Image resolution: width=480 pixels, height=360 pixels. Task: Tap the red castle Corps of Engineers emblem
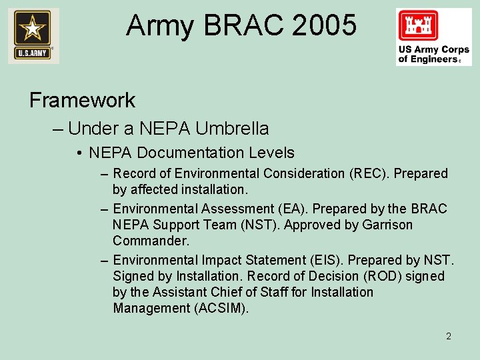point(418,27)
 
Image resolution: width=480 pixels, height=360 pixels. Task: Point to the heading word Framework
point(82,100)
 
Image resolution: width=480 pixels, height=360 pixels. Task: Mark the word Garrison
point(387,225)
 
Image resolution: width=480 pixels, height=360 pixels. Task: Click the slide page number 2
point(449,336)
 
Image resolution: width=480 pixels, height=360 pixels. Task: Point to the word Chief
point(225,292)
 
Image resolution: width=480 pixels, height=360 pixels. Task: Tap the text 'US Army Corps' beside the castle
point(434,49)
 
